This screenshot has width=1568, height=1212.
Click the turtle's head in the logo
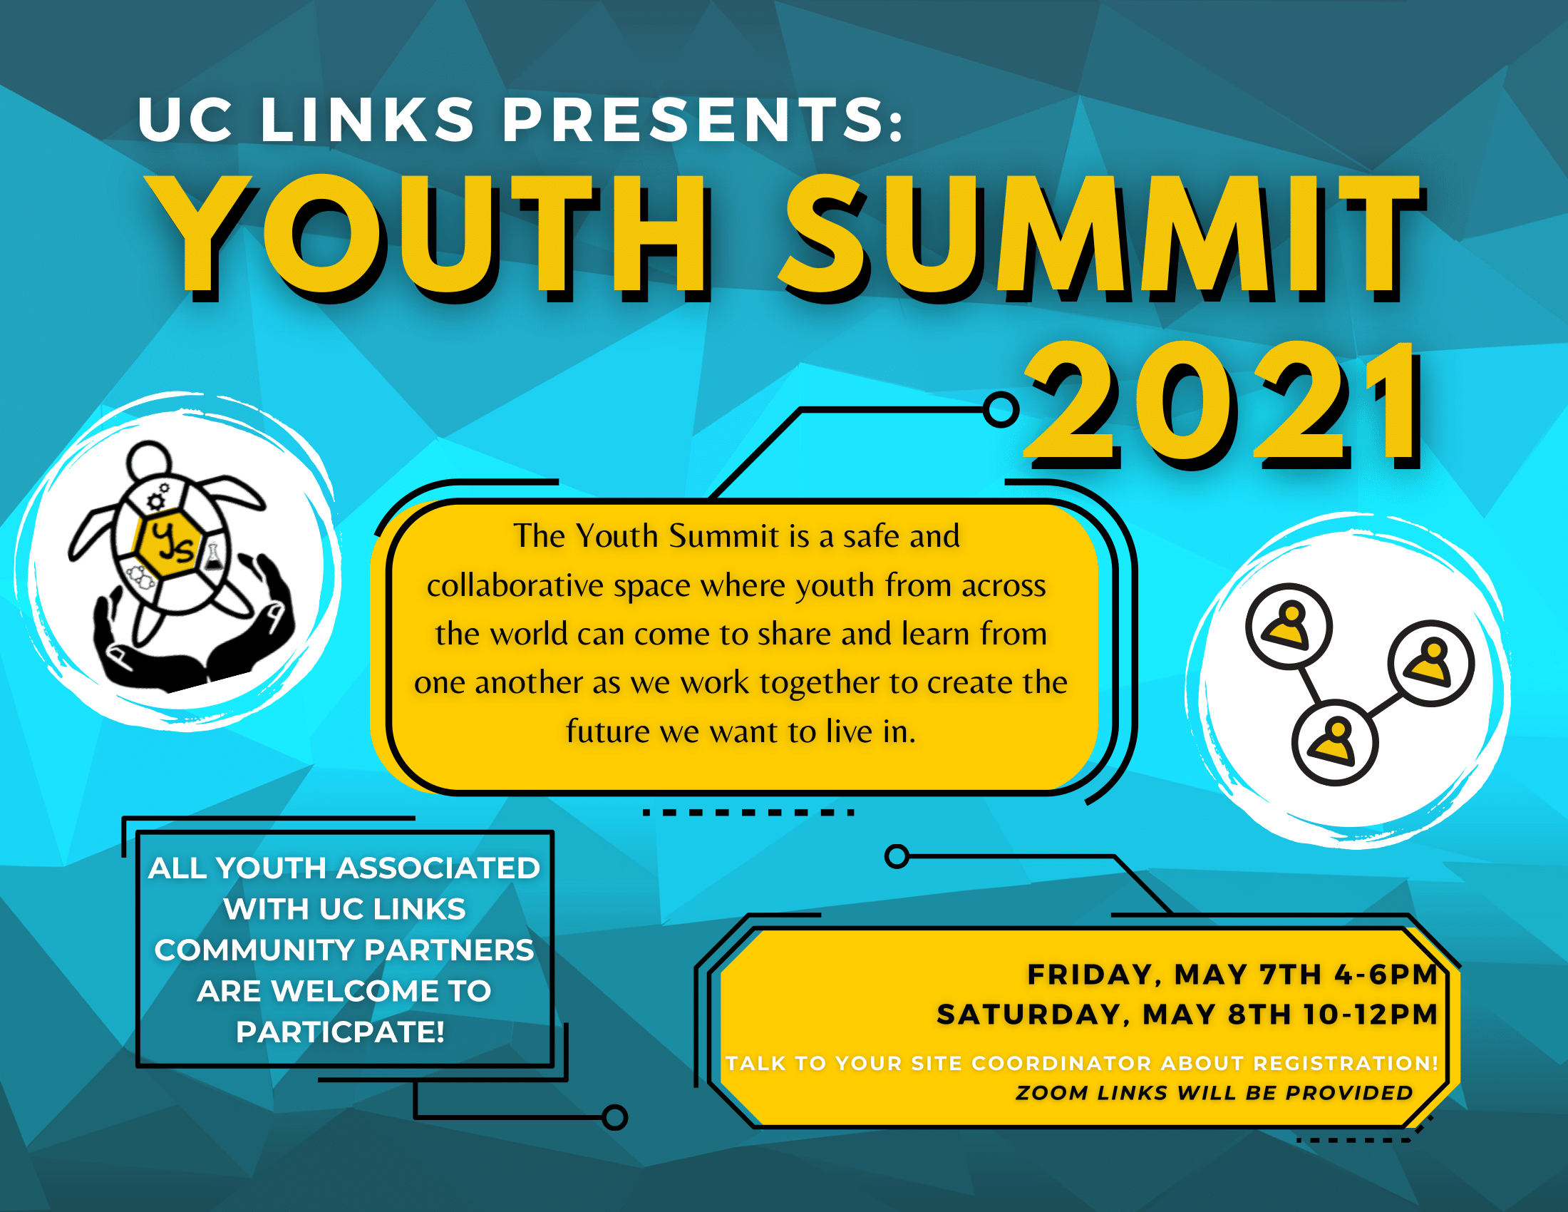pyautogui.click(x=150, y=460)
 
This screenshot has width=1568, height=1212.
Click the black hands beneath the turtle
pyautogui.click(x=194, y=632)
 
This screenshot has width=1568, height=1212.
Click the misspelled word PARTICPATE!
pyautogui.click(x=340, y=1032)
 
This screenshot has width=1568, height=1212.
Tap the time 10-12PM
pyautogui.click(x=1370, y=1015)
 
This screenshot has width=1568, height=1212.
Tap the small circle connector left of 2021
pyautogui.click(x=1001, y=410)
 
